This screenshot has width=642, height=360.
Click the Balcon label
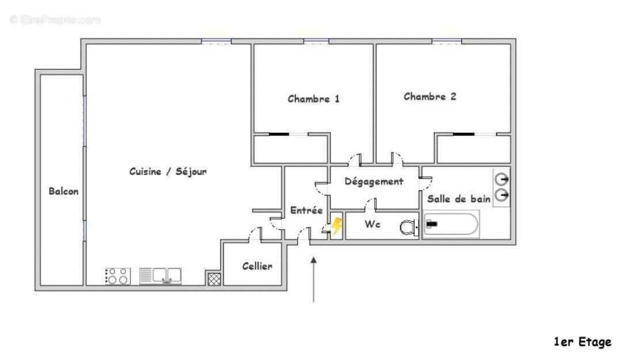coord(63,191)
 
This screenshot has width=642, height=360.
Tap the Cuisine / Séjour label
coord(168,172)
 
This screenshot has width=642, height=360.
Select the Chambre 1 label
coord(313,98)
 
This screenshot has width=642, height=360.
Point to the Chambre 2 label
coord(430,96)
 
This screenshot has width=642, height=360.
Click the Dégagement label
coord(374,181)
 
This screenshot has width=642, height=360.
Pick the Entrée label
coord(306,210)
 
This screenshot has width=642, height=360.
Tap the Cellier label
coord(257,266)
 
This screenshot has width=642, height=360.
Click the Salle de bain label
coord(458,199)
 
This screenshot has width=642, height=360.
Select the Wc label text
coord(373,224)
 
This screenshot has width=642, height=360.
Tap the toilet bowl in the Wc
coord(408,228)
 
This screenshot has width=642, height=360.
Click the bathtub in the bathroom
coord(451,224)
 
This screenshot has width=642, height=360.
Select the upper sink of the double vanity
coord(502,179)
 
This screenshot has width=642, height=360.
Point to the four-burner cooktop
coord(118,276)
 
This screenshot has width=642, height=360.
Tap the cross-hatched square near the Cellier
coord(214,278)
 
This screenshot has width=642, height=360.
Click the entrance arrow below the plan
coord(313,279)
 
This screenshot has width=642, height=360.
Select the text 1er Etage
coord(582,342)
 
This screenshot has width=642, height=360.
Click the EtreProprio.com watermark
coord(55,20)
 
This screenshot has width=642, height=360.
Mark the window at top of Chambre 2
coord(446,41)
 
